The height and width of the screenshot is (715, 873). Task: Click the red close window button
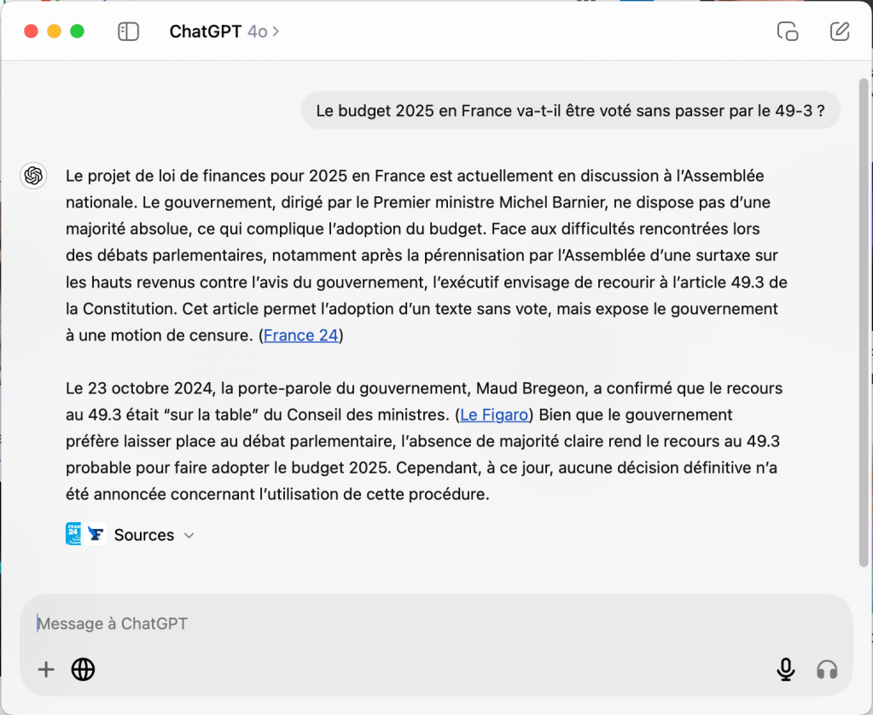[32, 32]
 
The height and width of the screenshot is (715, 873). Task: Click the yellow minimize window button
[54, 32]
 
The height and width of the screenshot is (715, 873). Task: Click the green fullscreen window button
[77, 32]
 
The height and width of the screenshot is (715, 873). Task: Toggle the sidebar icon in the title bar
[128, 32]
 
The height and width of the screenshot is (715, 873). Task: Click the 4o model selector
[262, 32]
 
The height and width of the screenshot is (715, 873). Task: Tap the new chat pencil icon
[840, 32]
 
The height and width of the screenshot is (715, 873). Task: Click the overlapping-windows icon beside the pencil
[788, 32]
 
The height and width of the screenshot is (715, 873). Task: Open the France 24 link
[301, 335]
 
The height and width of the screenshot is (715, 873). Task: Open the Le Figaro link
[494, 415]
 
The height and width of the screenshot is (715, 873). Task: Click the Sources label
[144, 535]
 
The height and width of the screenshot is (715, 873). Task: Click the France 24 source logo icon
[73, 534]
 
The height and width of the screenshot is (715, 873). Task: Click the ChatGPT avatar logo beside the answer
[34, 176]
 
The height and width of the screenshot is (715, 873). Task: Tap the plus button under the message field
[46, 670]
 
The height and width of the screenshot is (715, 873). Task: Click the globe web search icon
[83, 670]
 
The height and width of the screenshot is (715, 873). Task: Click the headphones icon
[827, 670]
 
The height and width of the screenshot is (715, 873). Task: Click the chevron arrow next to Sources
[189, 536]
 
